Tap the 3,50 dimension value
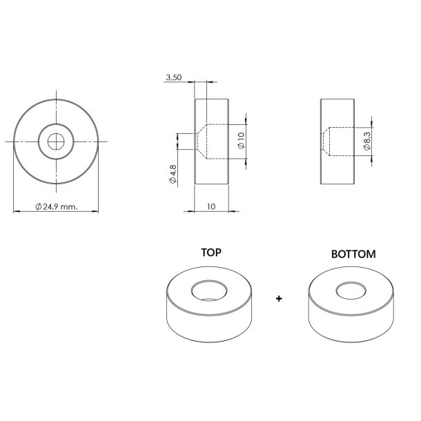click(x=173, y=79)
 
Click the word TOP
click(x=210, y=253)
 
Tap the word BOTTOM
click(x=353, y=254)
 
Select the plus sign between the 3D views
click(x=279, y=300)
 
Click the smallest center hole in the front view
click(x=56, y=141)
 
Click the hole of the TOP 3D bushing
click(x=209, y=290)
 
